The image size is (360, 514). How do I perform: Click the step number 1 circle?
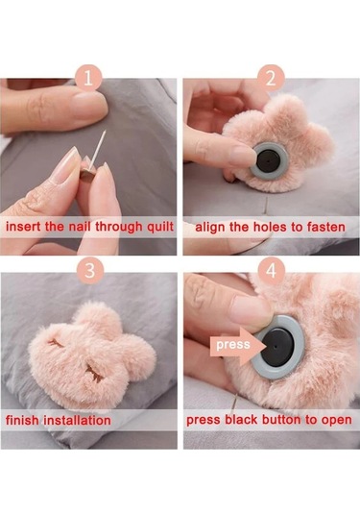(88, 79)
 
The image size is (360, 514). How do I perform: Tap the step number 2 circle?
(271, 79)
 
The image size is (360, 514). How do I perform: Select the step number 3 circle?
(90, 271)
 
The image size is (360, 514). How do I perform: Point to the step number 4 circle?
(271, 271)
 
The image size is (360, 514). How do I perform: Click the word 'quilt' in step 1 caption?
(160, 227)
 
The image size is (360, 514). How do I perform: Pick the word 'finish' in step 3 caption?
(22, 420)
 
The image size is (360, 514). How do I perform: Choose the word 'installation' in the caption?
(78, 420)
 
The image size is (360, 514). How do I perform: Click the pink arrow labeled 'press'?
(237, 345)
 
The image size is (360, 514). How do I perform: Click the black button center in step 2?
(268, 161)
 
